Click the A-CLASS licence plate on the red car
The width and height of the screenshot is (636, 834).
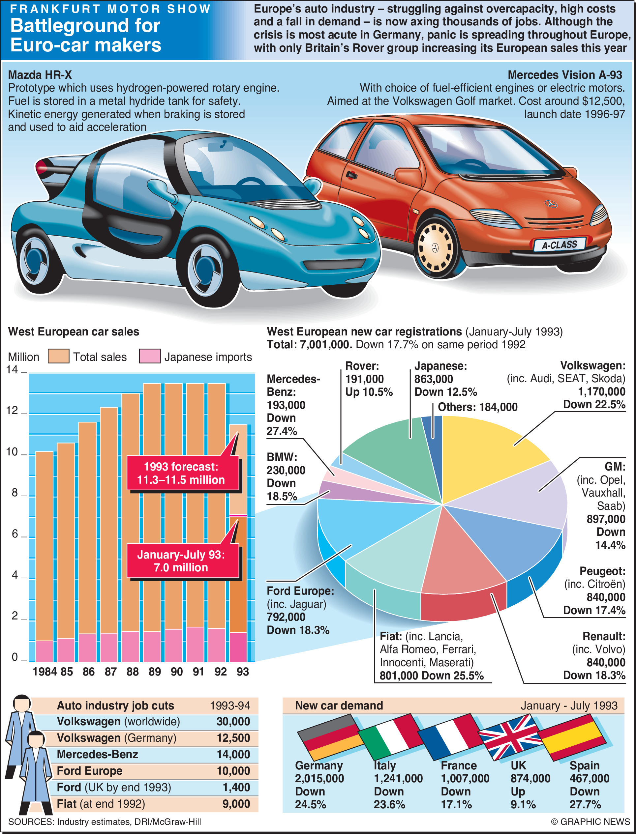[559, 245]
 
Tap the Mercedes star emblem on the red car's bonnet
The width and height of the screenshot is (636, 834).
[551, 204]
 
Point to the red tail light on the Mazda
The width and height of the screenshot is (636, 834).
[42, 167]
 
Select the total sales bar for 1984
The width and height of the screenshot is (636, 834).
[44, 545]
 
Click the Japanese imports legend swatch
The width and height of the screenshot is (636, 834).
[150, 356]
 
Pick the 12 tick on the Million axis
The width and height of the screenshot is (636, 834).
[13, 411]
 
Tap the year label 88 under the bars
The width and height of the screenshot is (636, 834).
[133, 671]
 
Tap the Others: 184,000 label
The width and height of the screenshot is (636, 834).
[477, 407]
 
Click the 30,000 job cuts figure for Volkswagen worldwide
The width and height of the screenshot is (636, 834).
[233, 721]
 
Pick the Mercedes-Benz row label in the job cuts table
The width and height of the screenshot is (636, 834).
[97, 754]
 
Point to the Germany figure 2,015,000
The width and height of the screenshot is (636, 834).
[319, 778]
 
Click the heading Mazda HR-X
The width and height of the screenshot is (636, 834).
[40, 74]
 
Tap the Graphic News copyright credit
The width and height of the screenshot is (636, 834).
[590, 821]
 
